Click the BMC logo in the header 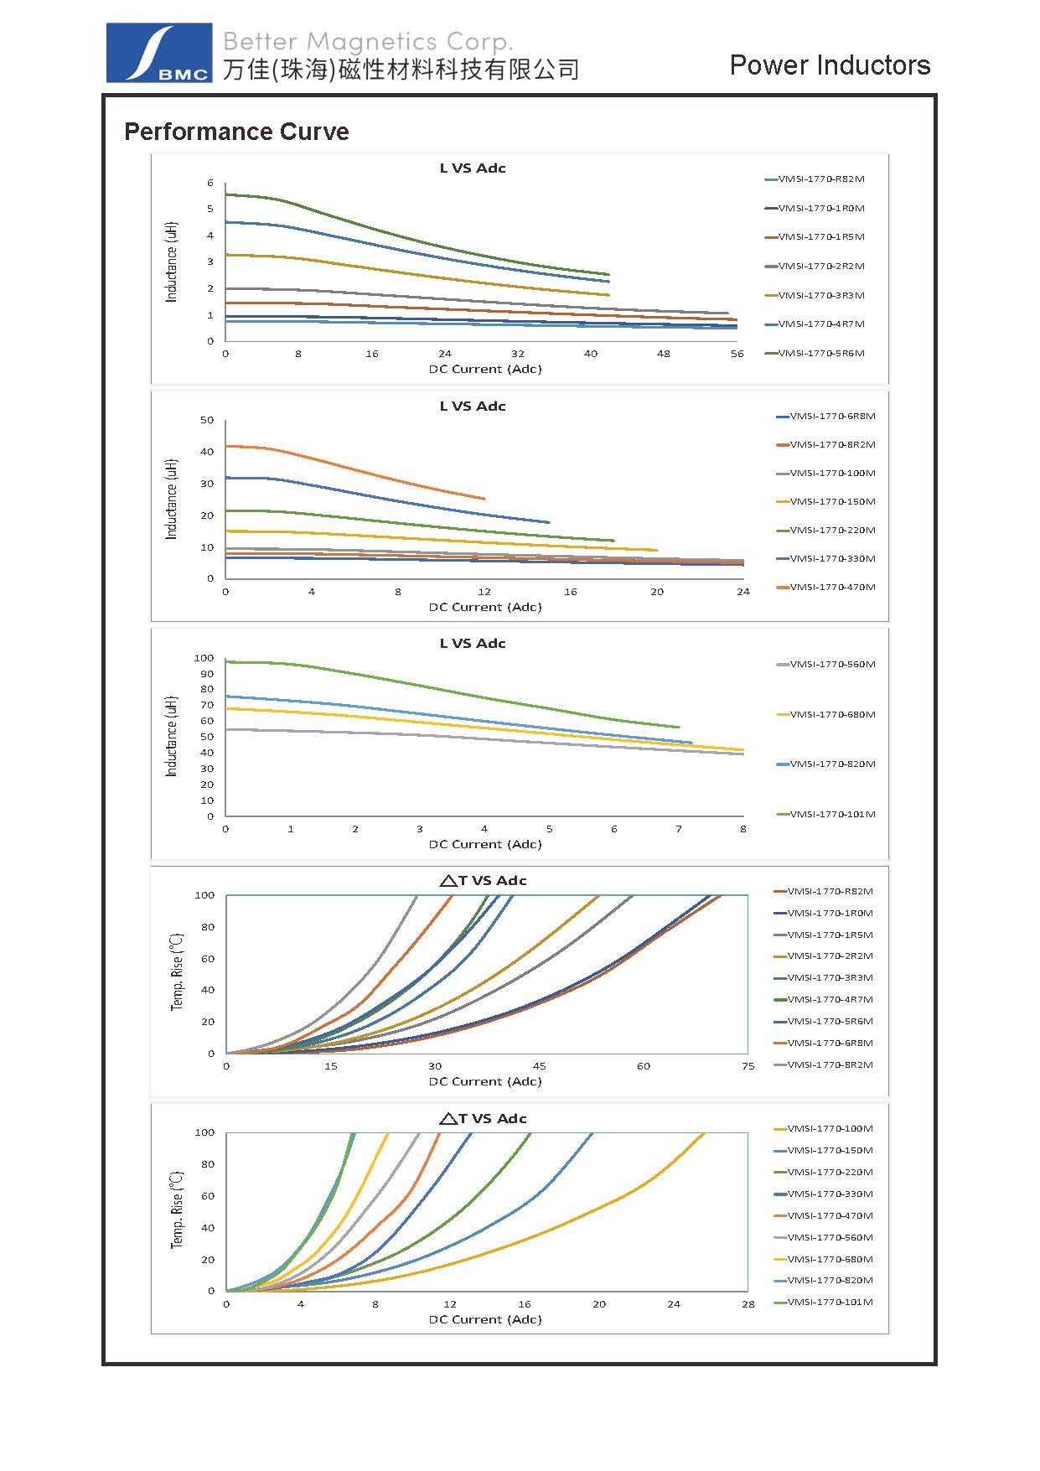(158, 53)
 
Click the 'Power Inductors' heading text (830, 65)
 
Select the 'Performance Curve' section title (236, 132)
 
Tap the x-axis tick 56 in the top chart (737, 354)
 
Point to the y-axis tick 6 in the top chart (210, 183)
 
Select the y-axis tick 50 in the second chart (207, 420)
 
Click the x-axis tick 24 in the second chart (743, 592)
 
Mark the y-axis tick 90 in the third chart (206, 674)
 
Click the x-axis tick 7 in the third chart (679, 829)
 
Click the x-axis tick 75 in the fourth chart (748, 1066)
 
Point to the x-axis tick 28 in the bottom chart (748, 1304)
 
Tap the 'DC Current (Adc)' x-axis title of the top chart (485, 369)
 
